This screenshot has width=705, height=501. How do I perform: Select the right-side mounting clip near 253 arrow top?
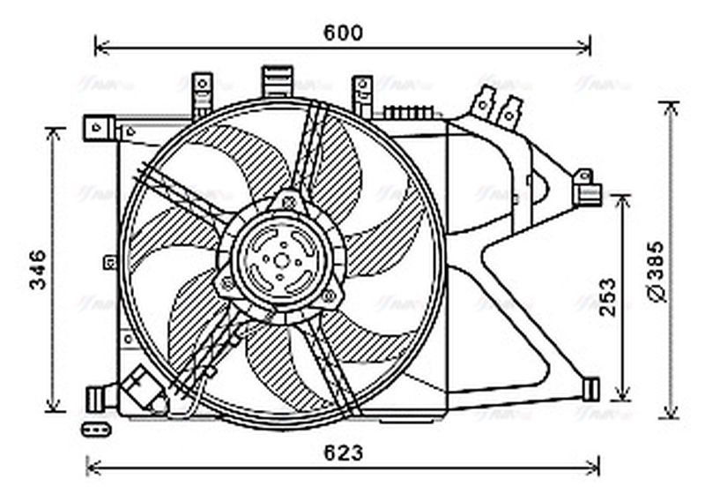[585, 187]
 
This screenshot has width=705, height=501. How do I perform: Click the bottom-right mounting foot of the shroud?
[590, 389]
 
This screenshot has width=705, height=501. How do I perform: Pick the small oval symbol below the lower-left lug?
[93, 430]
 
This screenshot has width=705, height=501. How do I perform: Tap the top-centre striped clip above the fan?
[278, 79]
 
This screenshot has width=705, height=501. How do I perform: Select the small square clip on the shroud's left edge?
[109, 261]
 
